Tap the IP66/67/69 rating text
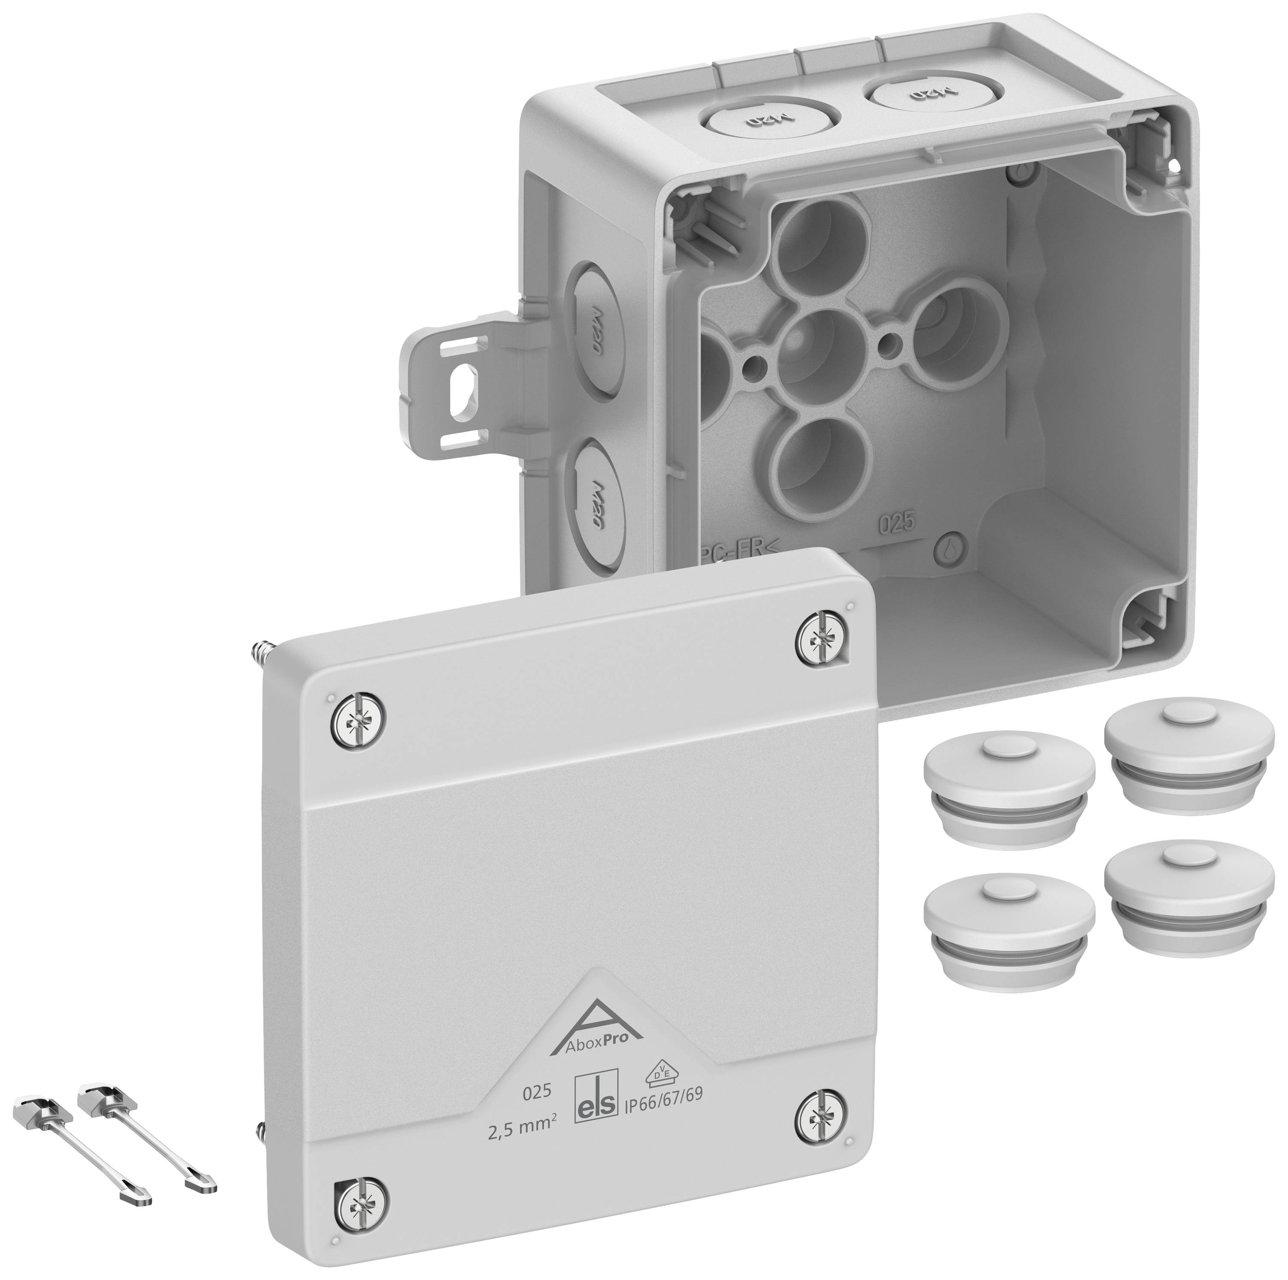662,1096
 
